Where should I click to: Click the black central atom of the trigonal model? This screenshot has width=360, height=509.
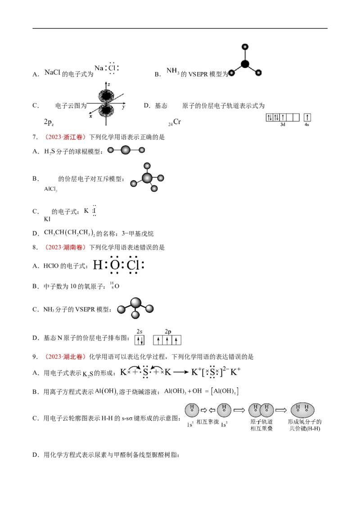[245, 64]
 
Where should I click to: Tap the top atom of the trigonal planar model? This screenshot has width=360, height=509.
[245, 46]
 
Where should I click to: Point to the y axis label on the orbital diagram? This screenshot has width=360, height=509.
[122, 108]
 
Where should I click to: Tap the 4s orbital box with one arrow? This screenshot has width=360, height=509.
[308, 117]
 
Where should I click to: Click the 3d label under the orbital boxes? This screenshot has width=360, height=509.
[283, 124]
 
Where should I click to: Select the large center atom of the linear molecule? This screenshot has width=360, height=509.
[126, 150]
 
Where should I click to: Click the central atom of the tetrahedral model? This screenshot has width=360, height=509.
[147, 177]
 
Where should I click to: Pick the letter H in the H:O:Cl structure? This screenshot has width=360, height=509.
[97, 265]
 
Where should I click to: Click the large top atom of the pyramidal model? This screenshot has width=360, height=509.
[136, 303]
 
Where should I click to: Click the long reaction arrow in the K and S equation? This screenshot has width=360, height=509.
[181, 372]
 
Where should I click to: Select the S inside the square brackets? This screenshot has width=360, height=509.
[212, 372]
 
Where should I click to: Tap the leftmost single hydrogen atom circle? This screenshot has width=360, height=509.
[192, 410]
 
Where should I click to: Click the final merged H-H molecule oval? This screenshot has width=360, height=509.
[302, 410]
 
